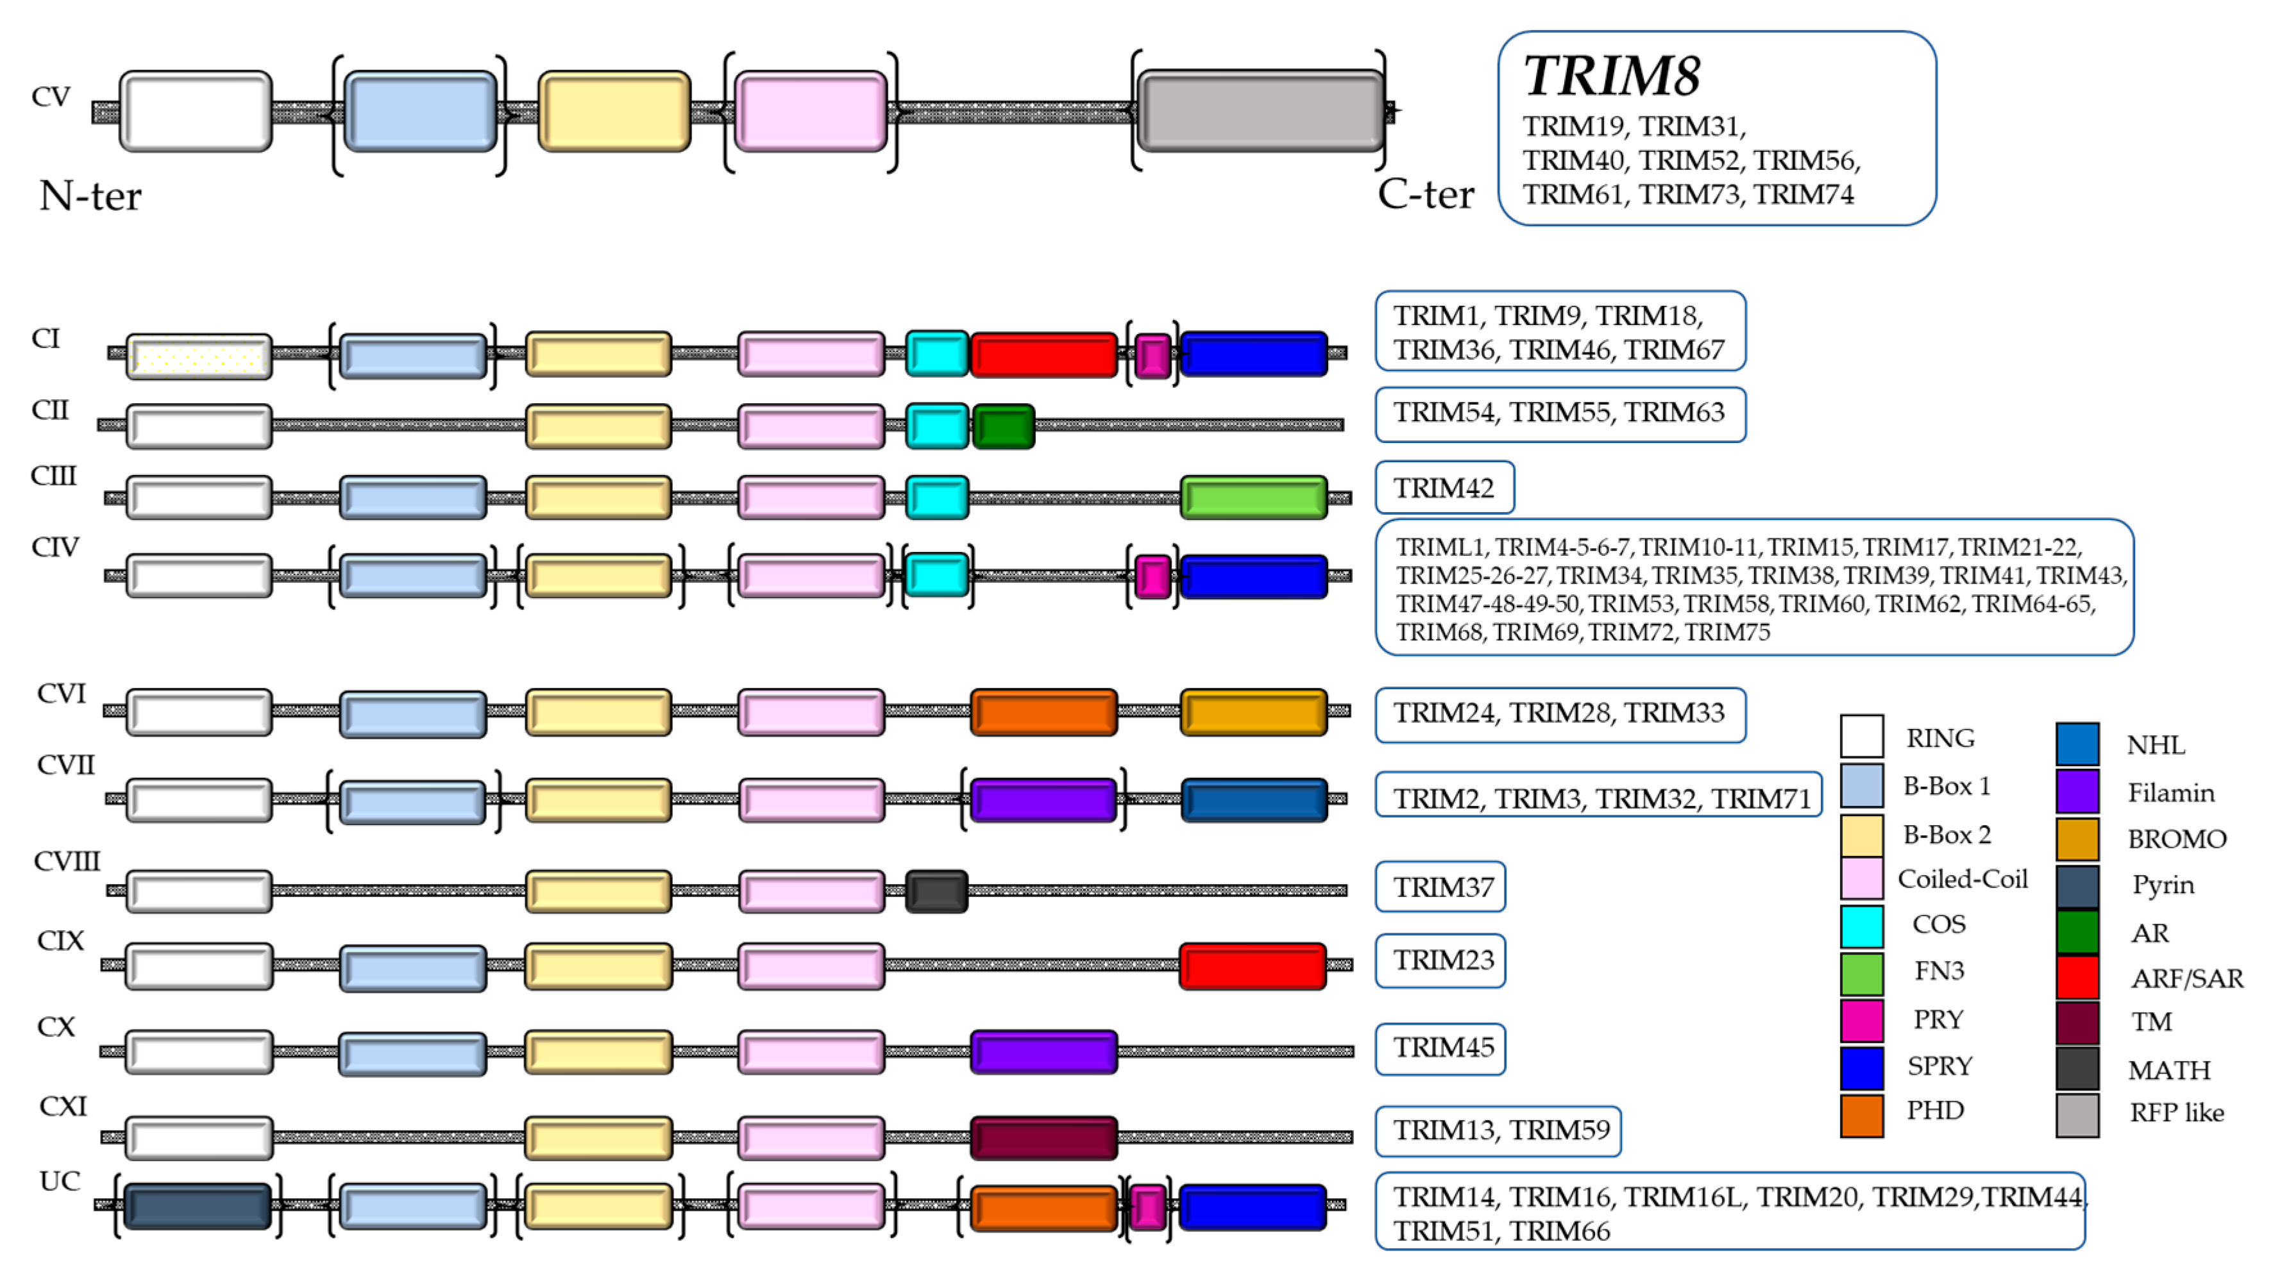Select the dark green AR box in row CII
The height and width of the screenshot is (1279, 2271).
click(1003, 426)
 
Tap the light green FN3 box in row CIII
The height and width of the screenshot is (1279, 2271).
click(1253, 498)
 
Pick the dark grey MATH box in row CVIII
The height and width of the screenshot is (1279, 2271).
click(936, 891)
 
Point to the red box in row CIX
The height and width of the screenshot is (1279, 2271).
click(1252, 966)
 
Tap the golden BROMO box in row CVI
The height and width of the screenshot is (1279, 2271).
click(1253, 712)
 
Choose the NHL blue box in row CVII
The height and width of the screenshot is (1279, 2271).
click(1253, 800)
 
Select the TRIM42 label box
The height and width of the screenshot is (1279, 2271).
click(1444, 487)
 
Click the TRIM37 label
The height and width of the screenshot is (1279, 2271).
click(1442, 887)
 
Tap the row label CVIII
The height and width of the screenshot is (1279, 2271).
click(67, 861)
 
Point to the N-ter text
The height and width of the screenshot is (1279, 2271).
click(90, 196)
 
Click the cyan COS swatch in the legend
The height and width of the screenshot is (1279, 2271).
click(1861, 926)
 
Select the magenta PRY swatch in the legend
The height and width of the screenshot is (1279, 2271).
click(1861, 1021)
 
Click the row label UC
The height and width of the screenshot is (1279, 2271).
click(60, 1181)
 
